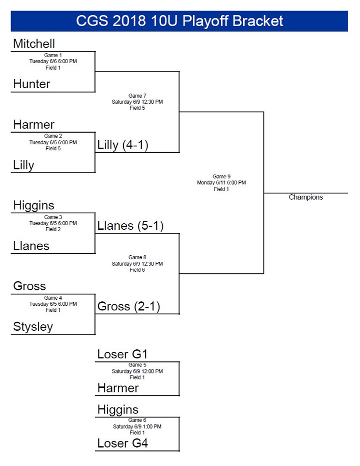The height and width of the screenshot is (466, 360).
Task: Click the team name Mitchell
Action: pos(34,44)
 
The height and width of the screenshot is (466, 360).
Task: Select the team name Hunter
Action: pos(31,84)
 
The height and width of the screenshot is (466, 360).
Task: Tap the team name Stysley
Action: pos(33,327)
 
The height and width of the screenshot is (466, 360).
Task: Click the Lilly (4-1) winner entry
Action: pos(123,145)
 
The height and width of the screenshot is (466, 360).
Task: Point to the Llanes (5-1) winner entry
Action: pos(130,226)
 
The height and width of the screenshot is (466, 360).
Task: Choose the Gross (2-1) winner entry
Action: pos(128,306)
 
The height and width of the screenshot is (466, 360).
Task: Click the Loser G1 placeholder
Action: pos(122,354)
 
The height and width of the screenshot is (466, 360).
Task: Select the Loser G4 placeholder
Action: pos(122,443)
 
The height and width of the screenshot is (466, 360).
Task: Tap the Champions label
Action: pos(306,197)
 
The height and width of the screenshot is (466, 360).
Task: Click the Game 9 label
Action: pos(221,176)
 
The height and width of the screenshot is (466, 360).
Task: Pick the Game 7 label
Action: pos(137,96)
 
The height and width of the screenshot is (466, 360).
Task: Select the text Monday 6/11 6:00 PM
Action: pos(221,183)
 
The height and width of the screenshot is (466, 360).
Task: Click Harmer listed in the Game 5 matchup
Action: pos(118,388)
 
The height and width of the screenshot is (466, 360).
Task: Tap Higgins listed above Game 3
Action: pos(33,205)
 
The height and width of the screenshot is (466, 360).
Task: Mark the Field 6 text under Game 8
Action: pos(137,270)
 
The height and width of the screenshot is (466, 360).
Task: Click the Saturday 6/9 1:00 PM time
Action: pos(137,426)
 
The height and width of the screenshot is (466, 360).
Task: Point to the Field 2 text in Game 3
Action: pos(53,229)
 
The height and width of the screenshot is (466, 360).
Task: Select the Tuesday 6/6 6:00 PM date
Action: pos(53,61)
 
